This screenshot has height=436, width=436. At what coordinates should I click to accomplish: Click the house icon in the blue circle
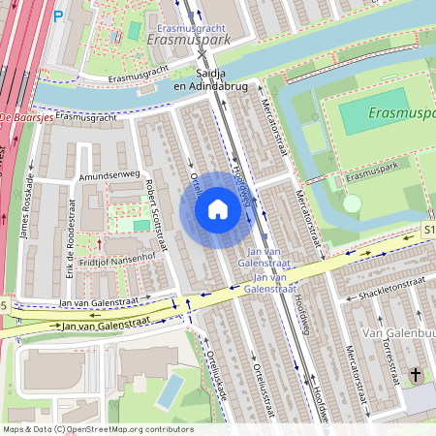pyautogui.click(x=217, y=208)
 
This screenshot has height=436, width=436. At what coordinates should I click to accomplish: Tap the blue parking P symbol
pyautogui.click(x=57, y=16)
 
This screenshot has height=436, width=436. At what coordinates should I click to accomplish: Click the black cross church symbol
pyautogui.click(x=416, y=374)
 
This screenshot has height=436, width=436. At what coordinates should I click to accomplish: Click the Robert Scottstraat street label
pyautogui.click(x=155, y=214)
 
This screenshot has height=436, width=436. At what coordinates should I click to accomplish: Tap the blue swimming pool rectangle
pyautogui.click(x=171, y=389)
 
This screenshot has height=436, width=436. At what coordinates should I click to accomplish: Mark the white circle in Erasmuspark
pyautogui.click(x=352, y=203)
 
